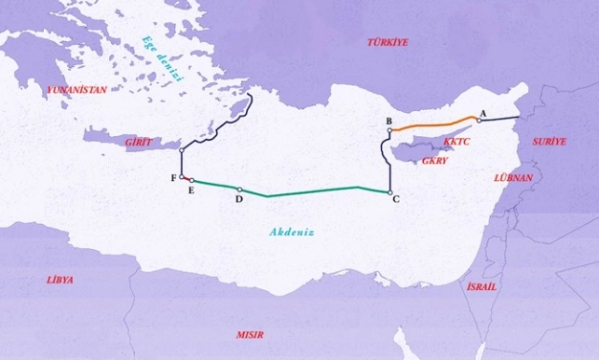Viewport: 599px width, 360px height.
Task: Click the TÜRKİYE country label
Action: (388, 42)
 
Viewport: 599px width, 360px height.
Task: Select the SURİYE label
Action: (549, 142)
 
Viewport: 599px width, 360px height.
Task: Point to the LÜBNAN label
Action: (513, 178)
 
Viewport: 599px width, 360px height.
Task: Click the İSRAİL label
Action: (481, 286)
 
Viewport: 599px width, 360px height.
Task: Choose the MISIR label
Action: (251, 335)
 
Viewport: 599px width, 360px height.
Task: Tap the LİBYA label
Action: (59, 281)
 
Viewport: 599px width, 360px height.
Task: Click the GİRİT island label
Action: (139, 142)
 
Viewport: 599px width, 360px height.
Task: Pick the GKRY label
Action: (434, 161)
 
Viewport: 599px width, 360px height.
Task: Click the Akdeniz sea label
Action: (292, 232)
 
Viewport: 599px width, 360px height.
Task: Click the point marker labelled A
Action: (478, 121)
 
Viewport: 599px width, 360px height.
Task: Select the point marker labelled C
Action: (390, 192)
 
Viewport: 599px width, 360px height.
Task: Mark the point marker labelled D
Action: (239, 190)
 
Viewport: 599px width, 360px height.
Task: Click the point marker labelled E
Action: (192, 180)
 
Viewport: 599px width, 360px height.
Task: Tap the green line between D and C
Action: (316, 191)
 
